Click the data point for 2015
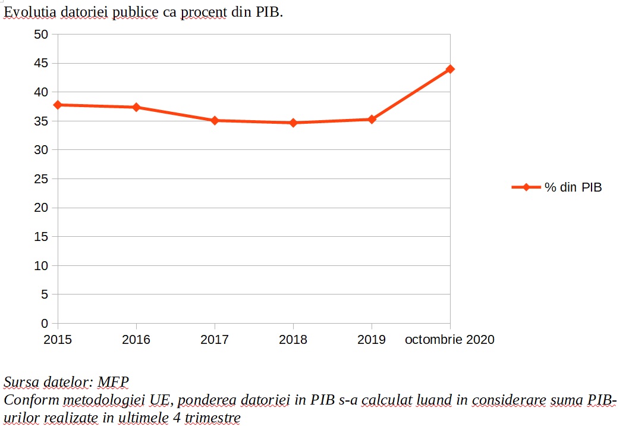tap(58, 105)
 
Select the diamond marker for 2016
tap(136, 107)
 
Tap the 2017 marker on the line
tap(215, 120)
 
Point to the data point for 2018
tap(293, 123)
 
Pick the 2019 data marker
tap(372, 119)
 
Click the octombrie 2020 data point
tap(450, 69)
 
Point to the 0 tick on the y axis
tap(45, 324)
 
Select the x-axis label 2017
tap(215, 340)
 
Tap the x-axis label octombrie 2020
tap(449, 340)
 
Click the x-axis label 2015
tap(58, 340)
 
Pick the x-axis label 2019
tap(372, 340)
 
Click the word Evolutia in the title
tap(29, 12)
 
